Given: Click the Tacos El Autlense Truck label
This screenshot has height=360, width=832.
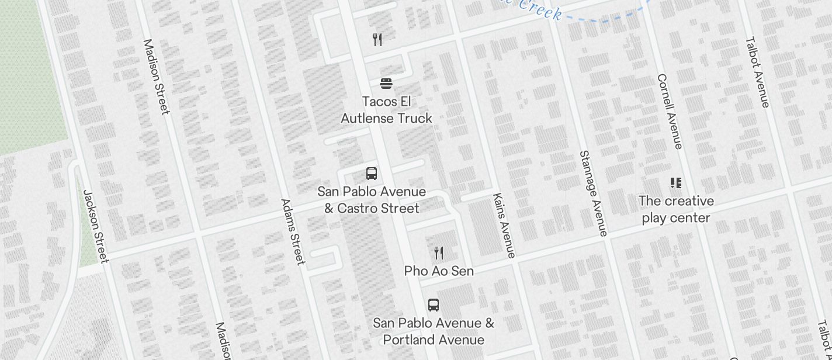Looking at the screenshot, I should coord(386,110).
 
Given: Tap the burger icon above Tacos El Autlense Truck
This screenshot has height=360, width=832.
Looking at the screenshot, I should coord(386,84).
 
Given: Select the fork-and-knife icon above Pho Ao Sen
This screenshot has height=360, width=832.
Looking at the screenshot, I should coord(439,253).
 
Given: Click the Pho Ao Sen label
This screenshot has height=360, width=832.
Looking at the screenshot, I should coord(439,271).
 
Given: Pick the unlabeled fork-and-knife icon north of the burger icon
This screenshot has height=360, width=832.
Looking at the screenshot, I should coord(377,40).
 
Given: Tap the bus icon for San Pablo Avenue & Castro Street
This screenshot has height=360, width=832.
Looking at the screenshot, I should coord(372,174).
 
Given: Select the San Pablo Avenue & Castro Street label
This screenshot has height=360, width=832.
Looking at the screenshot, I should coord(372,200).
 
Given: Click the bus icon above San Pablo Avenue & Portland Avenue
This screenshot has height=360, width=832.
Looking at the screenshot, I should coord(434,305).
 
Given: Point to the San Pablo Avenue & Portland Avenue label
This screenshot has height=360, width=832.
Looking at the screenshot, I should coord(434,331).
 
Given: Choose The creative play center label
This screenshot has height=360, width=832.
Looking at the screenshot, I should coord(676,209).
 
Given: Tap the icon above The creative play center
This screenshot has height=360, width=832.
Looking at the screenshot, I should coord(676,183).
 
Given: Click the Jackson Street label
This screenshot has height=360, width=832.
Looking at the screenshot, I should coord(96,226).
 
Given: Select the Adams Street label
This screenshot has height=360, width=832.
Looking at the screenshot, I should coord(293,231).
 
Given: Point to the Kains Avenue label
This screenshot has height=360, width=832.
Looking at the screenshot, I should coord(504,225).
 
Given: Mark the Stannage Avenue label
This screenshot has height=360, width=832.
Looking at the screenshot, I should coord(593,193).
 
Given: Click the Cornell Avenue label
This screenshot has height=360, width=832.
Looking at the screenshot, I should coord(670,111).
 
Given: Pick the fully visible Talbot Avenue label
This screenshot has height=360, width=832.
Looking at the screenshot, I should coord(757,72).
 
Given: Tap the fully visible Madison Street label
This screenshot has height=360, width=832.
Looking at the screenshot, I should coord(157,77).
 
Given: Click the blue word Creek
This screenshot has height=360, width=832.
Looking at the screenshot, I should coord(540,10).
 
